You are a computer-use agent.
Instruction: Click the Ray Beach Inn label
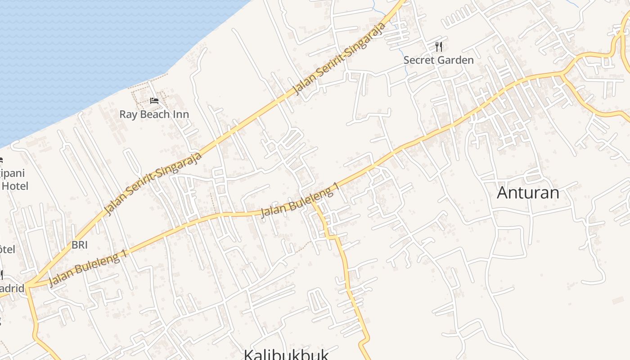pos(154,114)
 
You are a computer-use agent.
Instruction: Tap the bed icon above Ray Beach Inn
pos(154,101)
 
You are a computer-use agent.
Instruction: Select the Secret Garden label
pos(438,60)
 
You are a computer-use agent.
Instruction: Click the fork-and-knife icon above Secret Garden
pos(439,46)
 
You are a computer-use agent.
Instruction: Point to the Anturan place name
pos(528,193)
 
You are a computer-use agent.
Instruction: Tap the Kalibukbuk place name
pos(286,354)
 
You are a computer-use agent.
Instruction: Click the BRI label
pos(79,245)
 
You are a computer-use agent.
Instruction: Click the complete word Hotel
pos(14,186)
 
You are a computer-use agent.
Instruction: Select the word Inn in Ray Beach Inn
pos(181,114)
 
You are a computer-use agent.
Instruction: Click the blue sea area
pos(90,45)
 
